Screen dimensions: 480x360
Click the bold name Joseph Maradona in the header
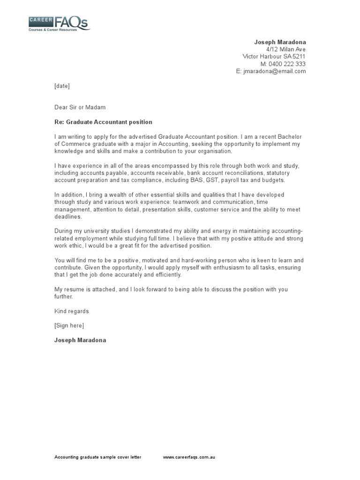280,42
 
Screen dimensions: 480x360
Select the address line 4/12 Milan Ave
286,49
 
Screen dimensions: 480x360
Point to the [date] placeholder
62,86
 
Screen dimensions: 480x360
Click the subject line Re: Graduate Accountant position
103,122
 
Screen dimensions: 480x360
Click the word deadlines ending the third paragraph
68,217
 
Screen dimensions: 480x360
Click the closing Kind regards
71,311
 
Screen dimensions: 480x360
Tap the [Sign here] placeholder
69,325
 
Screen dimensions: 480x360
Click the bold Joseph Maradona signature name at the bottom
80,340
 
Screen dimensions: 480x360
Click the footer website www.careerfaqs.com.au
189,457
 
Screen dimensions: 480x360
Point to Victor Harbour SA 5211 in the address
274,57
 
